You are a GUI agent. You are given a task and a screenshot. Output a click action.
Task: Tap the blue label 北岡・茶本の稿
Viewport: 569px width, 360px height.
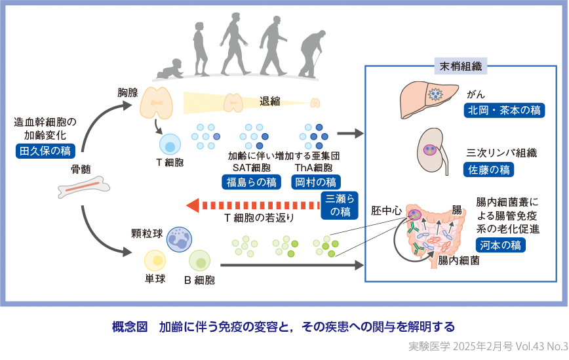tap(504, 110)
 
